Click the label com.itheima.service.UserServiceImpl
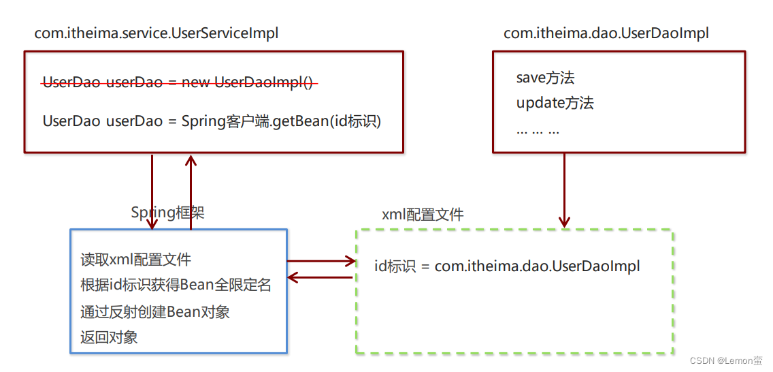tap(157, 33)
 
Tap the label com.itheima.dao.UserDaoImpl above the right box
tap(606, 33)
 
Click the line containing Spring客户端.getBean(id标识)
tap(212, 121)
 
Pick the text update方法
tap(555, 103)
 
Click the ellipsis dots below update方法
tap(538, 129)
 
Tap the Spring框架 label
tap(167, 213)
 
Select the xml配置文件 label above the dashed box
tap(423, 215)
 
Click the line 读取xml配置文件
tap(135, 260)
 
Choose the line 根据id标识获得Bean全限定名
tap(176, 285)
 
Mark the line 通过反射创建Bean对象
tap(155, 311)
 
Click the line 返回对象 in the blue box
tap(109, 337)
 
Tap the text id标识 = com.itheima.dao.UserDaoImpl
tap(507, 266)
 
